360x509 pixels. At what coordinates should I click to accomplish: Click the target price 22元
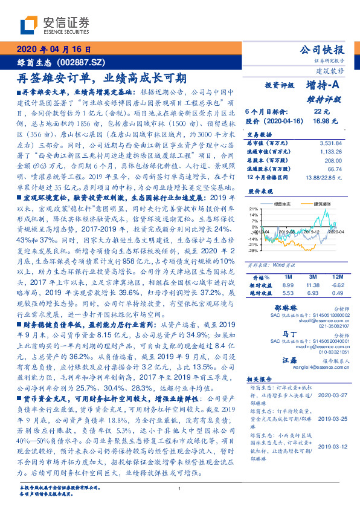(x=321, y=112)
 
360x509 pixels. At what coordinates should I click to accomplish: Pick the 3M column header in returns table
(x=312, y=276)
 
